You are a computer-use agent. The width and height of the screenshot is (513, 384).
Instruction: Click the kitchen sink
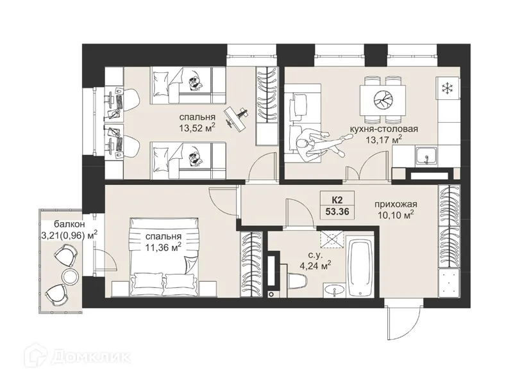point(426,156)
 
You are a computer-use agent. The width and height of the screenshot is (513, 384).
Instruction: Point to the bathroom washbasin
point(334,291)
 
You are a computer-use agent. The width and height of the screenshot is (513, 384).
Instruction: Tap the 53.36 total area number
point(337,212)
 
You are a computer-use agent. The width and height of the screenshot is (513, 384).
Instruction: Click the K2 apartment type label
point(337,198)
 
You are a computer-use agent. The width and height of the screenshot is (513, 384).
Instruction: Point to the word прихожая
point(396,204)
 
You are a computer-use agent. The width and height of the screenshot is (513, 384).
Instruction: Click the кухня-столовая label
point(383,129)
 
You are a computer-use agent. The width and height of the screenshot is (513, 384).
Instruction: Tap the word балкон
point(70,225)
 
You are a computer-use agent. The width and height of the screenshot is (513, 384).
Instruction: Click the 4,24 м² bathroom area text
point(315,264)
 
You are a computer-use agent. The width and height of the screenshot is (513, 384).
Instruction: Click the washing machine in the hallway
point(450,282)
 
